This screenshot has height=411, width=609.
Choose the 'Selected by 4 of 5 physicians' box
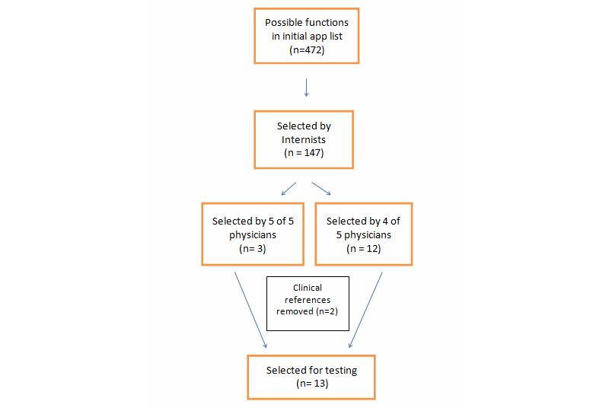363,234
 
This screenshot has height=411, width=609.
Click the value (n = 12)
363,248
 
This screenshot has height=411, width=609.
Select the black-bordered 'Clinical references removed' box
308,303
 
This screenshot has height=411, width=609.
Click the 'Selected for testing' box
311,376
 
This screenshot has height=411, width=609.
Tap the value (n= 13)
311,384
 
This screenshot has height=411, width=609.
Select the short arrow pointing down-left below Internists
289,188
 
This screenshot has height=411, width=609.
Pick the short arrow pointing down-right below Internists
321,188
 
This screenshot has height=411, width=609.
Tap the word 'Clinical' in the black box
308,288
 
